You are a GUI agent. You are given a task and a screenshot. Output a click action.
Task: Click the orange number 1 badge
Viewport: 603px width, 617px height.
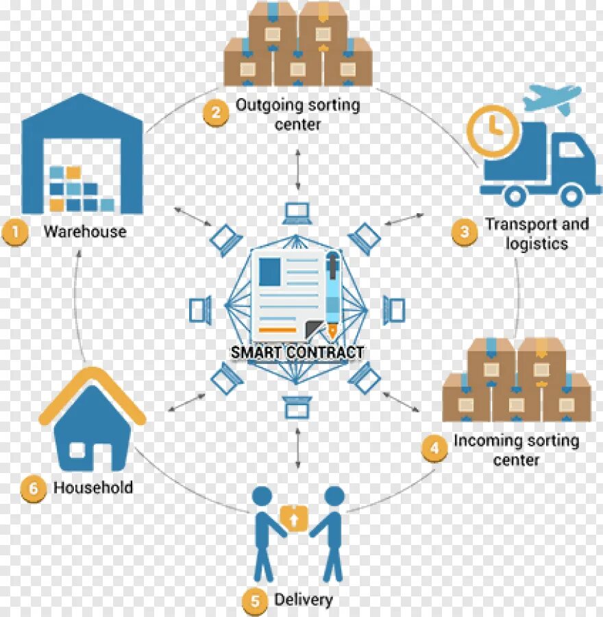[x=14, y=232]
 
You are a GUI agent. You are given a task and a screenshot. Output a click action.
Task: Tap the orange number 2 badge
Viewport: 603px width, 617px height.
[x=215, y=112]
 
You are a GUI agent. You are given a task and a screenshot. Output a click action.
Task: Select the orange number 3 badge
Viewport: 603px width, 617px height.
[x=465, y=232]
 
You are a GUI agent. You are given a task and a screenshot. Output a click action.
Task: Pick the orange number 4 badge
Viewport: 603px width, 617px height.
[x=434, y=449]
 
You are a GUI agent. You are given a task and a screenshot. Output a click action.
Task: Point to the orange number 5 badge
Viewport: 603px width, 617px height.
[x=255, y=601]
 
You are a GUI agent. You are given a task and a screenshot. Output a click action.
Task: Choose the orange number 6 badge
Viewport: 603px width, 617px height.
[x=32, y=488]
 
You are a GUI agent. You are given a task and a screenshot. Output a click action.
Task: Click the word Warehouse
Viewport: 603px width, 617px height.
[x=85, y=232]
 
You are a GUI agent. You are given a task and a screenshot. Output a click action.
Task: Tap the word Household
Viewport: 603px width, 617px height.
[x=93, y=488]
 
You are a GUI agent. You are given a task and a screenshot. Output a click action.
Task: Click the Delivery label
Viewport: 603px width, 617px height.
[x=303, y=600]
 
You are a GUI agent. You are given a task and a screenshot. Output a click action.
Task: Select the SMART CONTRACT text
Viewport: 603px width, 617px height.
[x=297, y=352]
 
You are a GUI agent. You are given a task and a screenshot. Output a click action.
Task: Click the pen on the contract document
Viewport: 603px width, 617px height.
[x=332, y=295]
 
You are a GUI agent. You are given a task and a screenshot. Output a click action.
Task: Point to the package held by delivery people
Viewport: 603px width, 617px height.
[x=293, y=518]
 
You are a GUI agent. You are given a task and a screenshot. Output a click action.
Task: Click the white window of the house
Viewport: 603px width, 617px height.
[x=78, y=450]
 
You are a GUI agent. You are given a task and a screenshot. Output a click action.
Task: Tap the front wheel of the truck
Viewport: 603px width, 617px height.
[x=570, y=195]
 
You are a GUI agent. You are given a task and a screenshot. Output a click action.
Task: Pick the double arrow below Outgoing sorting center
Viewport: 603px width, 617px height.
[x=297, y=167]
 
